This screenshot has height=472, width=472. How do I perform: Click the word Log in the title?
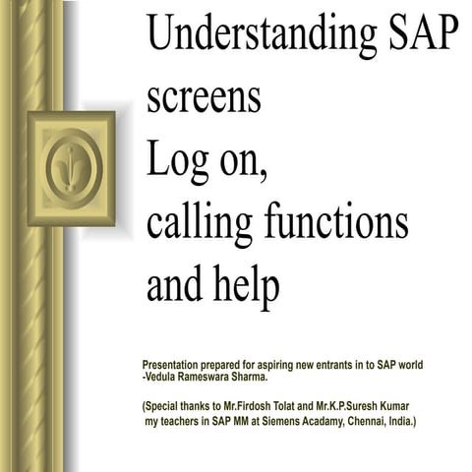[178, 160]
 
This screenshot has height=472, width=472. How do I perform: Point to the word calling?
[201, 223]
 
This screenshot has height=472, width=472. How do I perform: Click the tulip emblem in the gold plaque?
[72, 167]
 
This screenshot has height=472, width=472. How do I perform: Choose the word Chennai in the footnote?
[361, 420]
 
